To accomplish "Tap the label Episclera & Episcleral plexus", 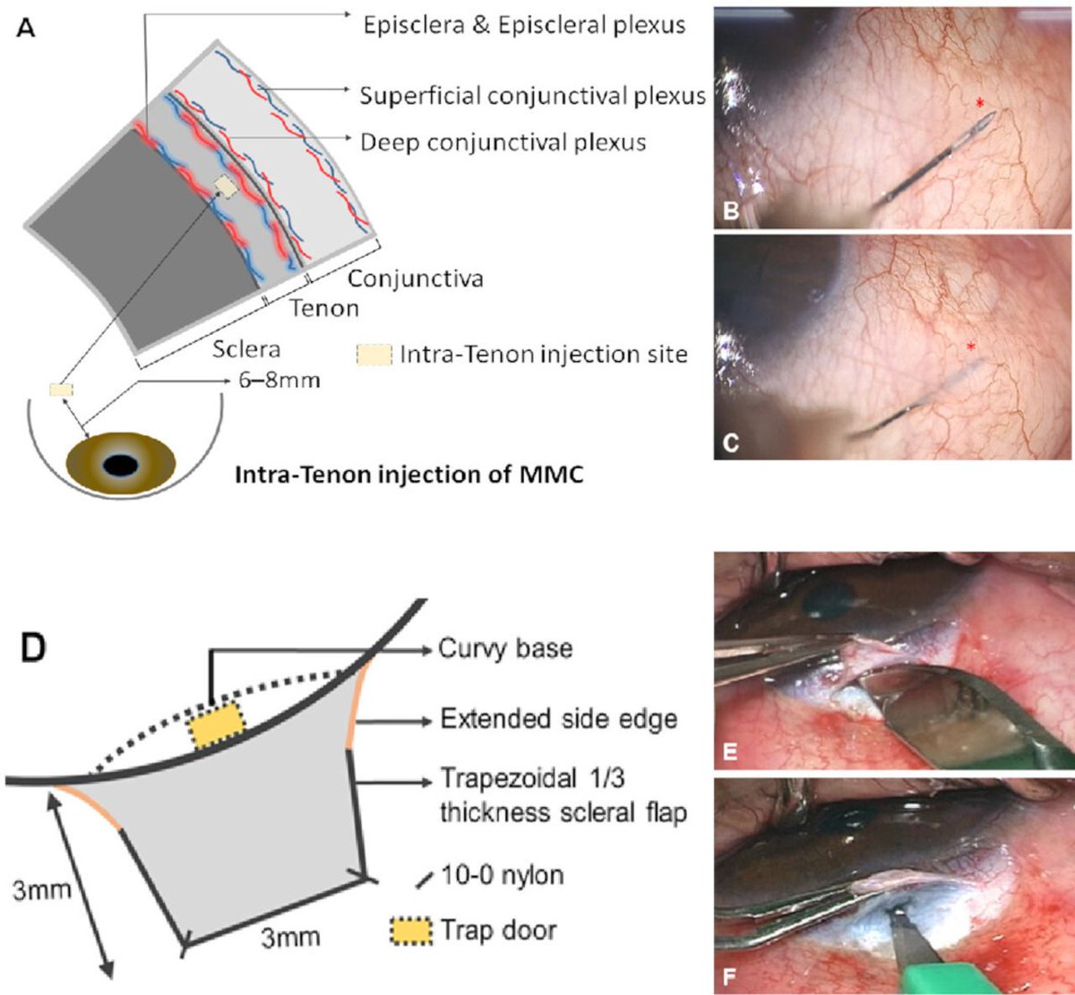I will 524,24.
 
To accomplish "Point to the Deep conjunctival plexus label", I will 503,142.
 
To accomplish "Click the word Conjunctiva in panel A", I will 415,278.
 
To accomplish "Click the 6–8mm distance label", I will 279,381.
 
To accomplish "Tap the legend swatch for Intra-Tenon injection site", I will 374,355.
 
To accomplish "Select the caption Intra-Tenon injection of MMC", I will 408,473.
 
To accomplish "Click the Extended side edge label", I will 558,718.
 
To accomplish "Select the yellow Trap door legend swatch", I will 411,930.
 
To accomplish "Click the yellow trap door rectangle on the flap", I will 216,725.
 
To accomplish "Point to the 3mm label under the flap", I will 289,938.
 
